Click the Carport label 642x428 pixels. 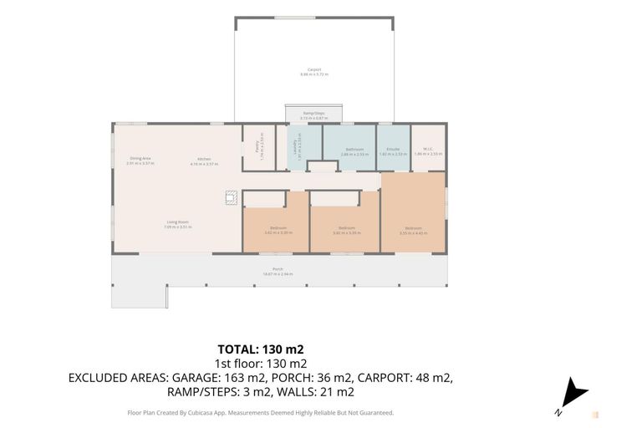(314, 71)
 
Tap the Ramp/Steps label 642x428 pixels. (314, 115)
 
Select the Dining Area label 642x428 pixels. (140, 160)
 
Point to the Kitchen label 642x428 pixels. (205, 160)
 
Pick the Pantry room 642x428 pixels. (257, 146)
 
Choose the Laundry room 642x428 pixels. (296, 147)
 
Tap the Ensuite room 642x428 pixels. (392, 150)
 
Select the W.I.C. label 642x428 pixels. (428, 150)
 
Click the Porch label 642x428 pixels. (278, 271)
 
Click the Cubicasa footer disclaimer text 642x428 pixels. (260, 412)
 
